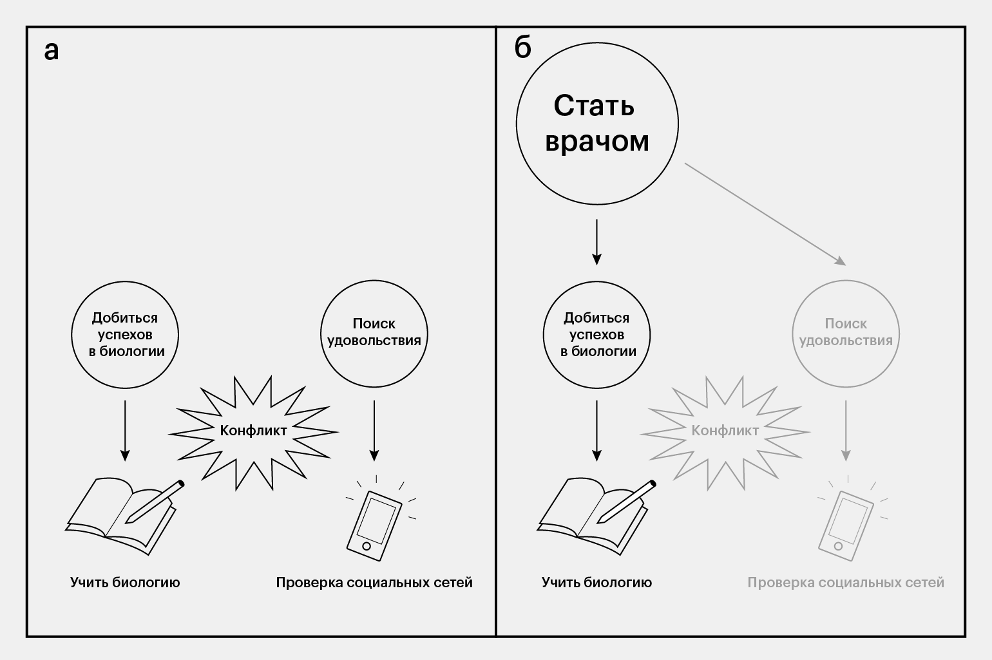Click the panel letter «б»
(x=523, y=48)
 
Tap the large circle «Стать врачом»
(x=597, y=123)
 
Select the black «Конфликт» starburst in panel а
(x=253, y=430)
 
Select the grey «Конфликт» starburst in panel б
(x=725, y=430)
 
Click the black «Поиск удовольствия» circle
(x=374, y=334)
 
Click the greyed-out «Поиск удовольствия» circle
(x=846, y=334)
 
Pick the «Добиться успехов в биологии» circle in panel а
(x=125, y=334)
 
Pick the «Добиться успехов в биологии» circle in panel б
(x=597, y=334)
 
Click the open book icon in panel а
(x=122, y=515)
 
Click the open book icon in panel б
(x=594, y=515)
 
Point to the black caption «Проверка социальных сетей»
(x=374, y=583)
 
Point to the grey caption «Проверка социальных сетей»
(x=846, y=583)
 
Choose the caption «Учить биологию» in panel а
(x=125, y=583)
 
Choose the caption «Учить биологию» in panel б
(x=596, y=583)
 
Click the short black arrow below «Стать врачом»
(x=597, y=241)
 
